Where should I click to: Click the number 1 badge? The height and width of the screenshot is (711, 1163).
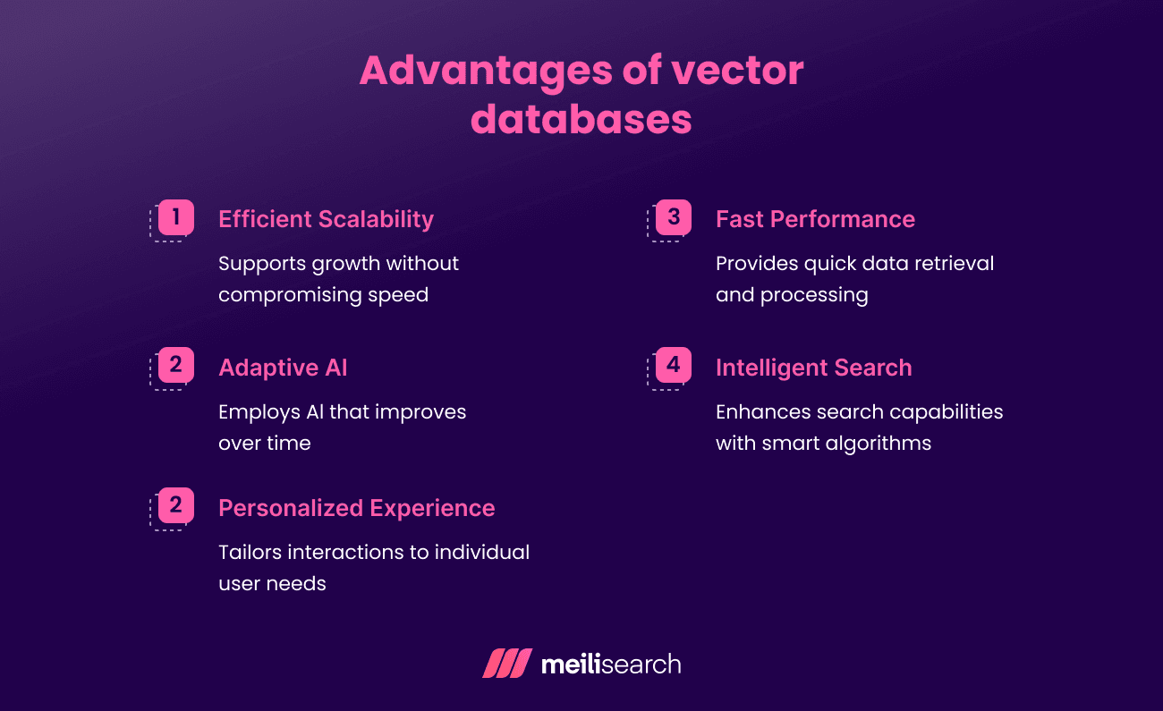click(175, 217)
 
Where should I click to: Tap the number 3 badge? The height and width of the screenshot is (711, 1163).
click(673, 217)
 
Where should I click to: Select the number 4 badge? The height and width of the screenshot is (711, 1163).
click(673, 365)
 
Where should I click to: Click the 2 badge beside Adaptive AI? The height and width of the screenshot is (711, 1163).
click(175, 365)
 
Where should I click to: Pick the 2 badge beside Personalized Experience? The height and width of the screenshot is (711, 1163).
click(175, 505)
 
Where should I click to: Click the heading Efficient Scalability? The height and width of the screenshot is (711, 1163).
click(326, 219)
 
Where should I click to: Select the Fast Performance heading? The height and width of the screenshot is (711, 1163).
click(815, 219)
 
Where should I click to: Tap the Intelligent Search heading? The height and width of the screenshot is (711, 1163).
click(813, 368)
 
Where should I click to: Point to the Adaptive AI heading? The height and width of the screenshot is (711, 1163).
click(283, 368)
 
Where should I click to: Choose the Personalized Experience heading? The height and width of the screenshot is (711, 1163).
click(356, 508)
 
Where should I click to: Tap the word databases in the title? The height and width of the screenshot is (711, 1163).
click(581, 119)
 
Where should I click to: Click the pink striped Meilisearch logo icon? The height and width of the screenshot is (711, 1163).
click(507, 664)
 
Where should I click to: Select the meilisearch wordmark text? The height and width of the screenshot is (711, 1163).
click(611, 664)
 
